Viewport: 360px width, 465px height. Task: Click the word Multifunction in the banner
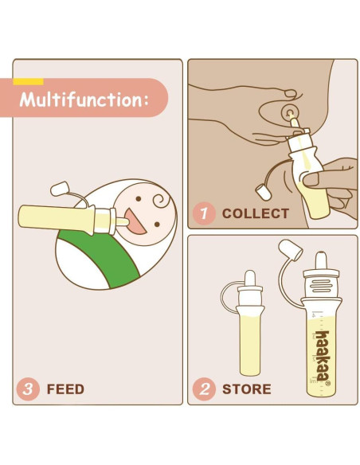click(81, 100)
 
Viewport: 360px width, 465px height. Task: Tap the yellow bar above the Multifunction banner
click(28, 81)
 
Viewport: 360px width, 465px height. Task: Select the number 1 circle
click(204, 213)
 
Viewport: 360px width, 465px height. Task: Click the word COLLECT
click(256, 213)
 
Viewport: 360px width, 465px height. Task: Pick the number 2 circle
click(204, 389)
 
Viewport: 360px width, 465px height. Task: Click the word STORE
click(247, 389)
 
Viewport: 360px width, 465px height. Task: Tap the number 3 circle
click(28, 389)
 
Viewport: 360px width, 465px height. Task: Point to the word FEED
click(65, 389)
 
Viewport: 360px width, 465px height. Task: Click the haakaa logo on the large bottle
click(322, 356)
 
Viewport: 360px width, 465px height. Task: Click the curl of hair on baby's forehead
click(162, 200)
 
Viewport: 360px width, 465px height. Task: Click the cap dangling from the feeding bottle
click(61, 189)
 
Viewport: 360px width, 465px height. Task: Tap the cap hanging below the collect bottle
click(264, 192)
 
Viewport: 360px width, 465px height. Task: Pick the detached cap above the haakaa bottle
click(291, 250)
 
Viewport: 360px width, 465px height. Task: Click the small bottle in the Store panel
click(250, 323)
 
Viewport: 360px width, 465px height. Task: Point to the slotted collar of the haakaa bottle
click(321, 285)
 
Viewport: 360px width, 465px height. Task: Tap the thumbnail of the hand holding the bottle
click(311, 179)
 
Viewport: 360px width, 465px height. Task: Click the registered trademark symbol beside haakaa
click(327, 384)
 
